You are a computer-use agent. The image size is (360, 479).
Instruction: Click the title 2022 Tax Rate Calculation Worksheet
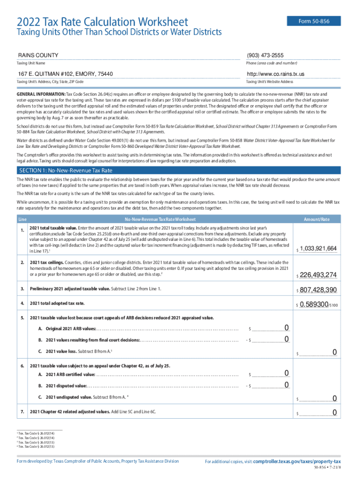(102, 22)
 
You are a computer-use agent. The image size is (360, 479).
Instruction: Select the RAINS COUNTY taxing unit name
(38, 55)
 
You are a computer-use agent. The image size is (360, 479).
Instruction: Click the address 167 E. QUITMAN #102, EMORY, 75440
(65, 74)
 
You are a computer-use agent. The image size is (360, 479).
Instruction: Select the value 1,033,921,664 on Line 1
(318, 248)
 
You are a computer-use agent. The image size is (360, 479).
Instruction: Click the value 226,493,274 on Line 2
(318, 275)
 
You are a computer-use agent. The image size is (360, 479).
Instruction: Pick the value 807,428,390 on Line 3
(318, 291)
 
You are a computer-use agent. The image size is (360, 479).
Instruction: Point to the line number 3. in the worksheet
(22, 289)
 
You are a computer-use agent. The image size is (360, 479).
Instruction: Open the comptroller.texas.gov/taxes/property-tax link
(297, 461)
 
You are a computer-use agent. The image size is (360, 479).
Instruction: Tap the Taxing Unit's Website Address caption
(269, 81)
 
